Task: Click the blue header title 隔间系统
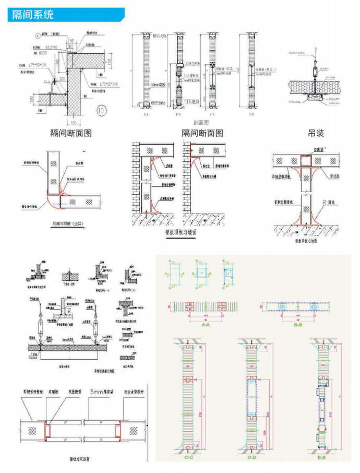pyautogui.click(x=32, y=15)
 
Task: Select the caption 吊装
pyautogui.click(x=316, y=134)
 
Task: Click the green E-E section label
pyautogui.click(x=323, y=457)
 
